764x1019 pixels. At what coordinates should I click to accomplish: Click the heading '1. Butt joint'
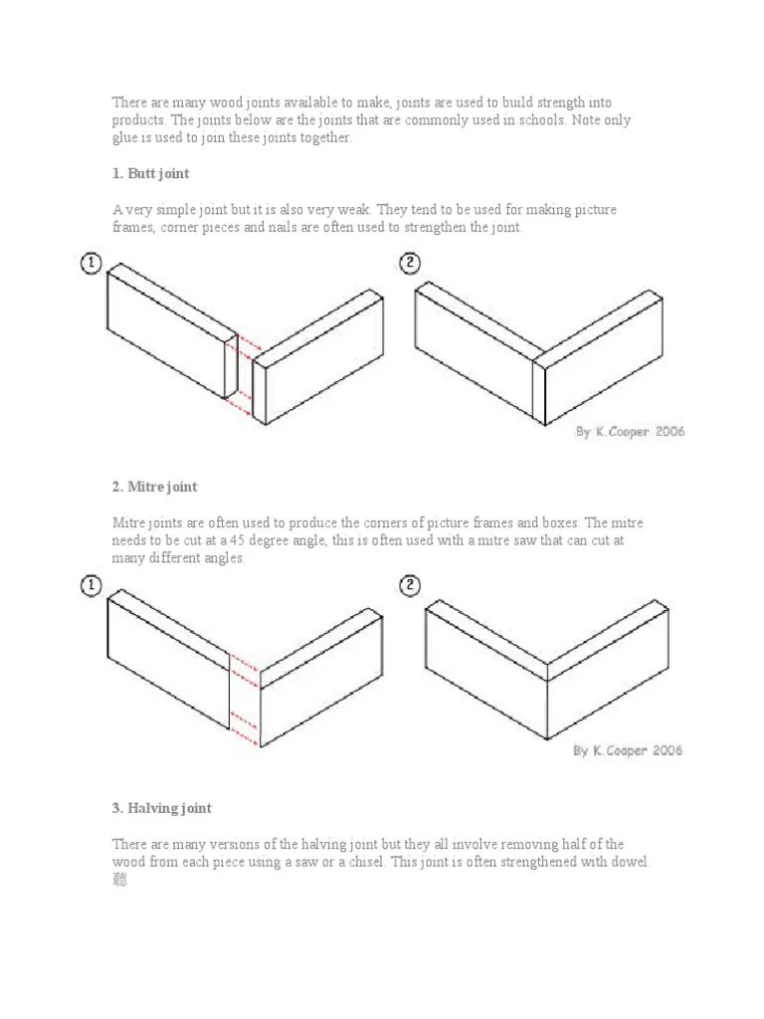tap(150, 174)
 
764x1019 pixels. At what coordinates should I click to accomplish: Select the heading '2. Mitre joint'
tap(154, 487)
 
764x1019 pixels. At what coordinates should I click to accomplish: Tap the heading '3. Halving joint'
tap(161, 808)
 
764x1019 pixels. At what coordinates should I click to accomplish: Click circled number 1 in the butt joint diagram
tap(91, 264)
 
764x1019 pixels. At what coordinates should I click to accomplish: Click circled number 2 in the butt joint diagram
tap(409, 264)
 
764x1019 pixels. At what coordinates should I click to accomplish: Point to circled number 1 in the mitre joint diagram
tap(91, 585)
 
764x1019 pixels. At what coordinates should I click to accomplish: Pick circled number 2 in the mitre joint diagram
tap(409, 585)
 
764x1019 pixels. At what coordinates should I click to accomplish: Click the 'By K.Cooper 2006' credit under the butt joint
tap(630, 432)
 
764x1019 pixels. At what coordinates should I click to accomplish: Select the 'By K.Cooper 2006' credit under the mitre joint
tap(628, 750)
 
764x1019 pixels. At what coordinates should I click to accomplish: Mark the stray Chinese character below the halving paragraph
tap(120, 880)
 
